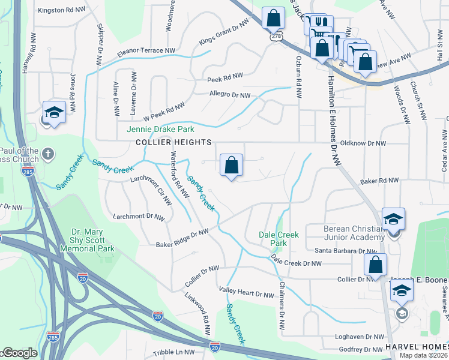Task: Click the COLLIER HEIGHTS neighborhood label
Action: (x=173, y=142)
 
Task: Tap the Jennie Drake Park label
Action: (x=160, y=129)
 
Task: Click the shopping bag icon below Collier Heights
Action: (x=232, y=165)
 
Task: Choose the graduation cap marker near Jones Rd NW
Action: (x=53, y=113)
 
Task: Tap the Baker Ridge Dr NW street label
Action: (x=182, y=238)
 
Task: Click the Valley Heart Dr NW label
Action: (x=246, y=295)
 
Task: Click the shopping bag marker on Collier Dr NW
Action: (x=375, y=264)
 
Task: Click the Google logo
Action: (x=19, y=353)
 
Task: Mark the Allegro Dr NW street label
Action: (x=229, y=95)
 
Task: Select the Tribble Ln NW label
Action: (x=173, y=352)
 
